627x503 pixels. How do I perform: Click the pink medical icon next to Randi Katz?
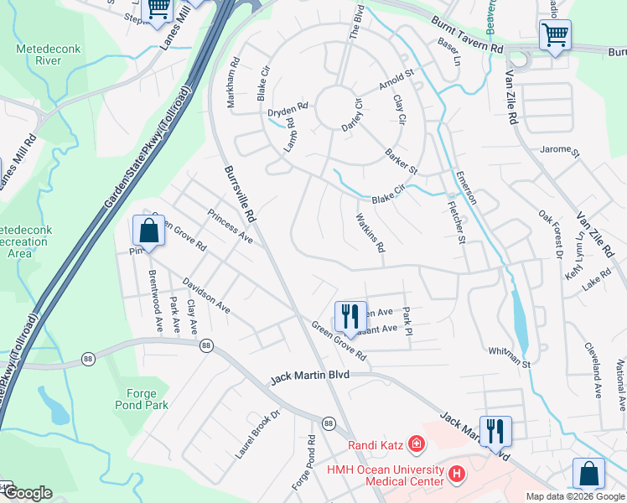click(417, 444)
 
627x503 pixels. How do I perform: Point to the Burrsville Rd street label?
click(239, 193)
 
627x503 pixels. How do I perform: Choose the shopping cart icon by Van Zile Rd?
click(555, 36)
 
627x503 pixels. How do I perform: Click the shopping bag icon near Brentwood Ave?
click(148, 231)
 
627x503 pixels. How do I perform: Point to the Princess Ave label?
click(230, 226)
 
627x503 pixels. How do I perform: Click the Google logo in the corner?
click(27, 493)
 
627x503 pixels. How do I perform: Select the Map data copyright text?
click(574, 496)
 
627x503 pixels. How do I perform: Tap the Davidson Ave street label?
click(207, 296)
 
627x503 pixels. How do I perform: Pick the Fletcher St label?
click(456, 221)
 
